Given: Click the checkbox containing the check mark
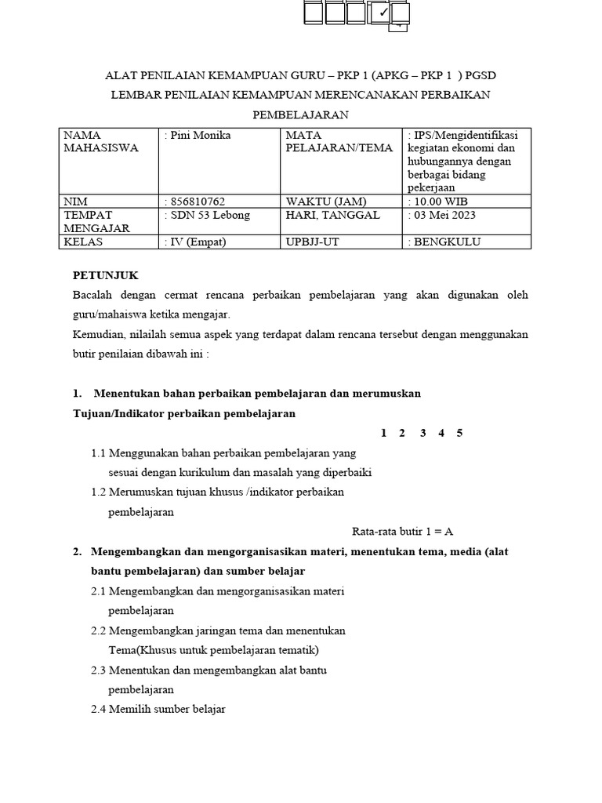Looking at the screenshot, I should point(381,13).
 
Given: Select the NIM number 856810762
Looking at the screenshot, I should point(198,202).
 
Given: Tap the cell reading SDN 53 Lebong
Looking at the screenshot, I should point(208,215).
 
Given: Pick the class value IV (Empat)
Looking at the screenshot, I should point(198,242).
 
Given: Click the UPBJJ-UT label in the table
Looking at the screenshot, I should point(313,242).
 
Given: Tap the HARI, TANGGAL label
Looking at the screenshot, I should point(333,215).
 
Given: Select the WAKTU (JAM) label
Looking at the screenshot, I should point(326,202).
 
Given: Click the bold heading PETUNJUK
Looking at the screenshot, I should point(105,275).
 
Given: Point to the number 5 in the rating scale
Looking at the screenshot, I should point(459,433).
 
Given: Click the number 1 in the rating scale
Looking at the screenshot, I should point(383,433).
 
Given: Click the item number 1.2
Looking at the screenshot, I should point(98,492).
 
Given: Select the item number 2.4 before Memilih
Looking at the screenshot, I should point(98,709).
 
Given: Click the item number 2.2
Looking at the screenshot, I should point(98,630).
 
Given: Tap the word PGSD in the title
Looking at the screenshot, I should point(481,75).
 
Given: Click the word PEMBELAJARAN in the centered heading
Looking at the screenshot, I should point(300,114).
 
